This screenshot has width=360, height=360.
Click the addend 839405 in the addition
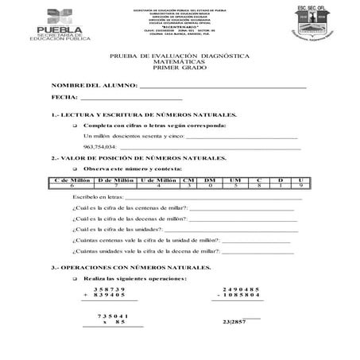pyautogui.click(x=116, y=295)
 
